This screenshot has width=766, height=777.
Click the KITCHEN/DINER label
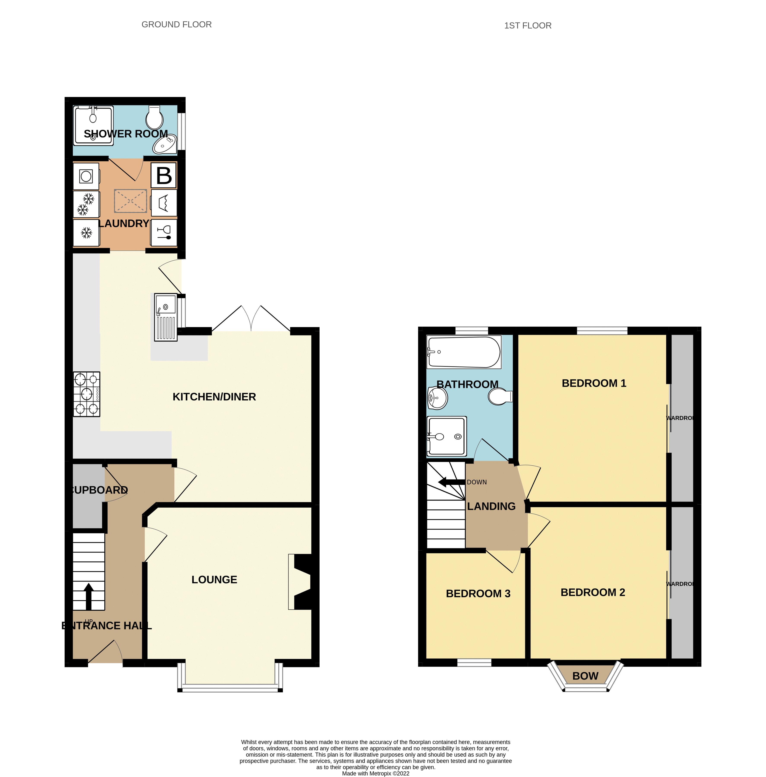point(214,397)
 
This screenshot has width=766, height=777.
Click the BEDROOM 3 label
point(478,594)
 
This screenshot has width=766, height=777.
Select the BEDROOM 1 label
point(594,383)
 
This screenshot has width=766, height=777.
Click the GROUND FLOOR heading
point(177,25)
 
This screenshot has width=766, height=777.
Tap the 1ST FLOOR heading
point(527,26)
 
